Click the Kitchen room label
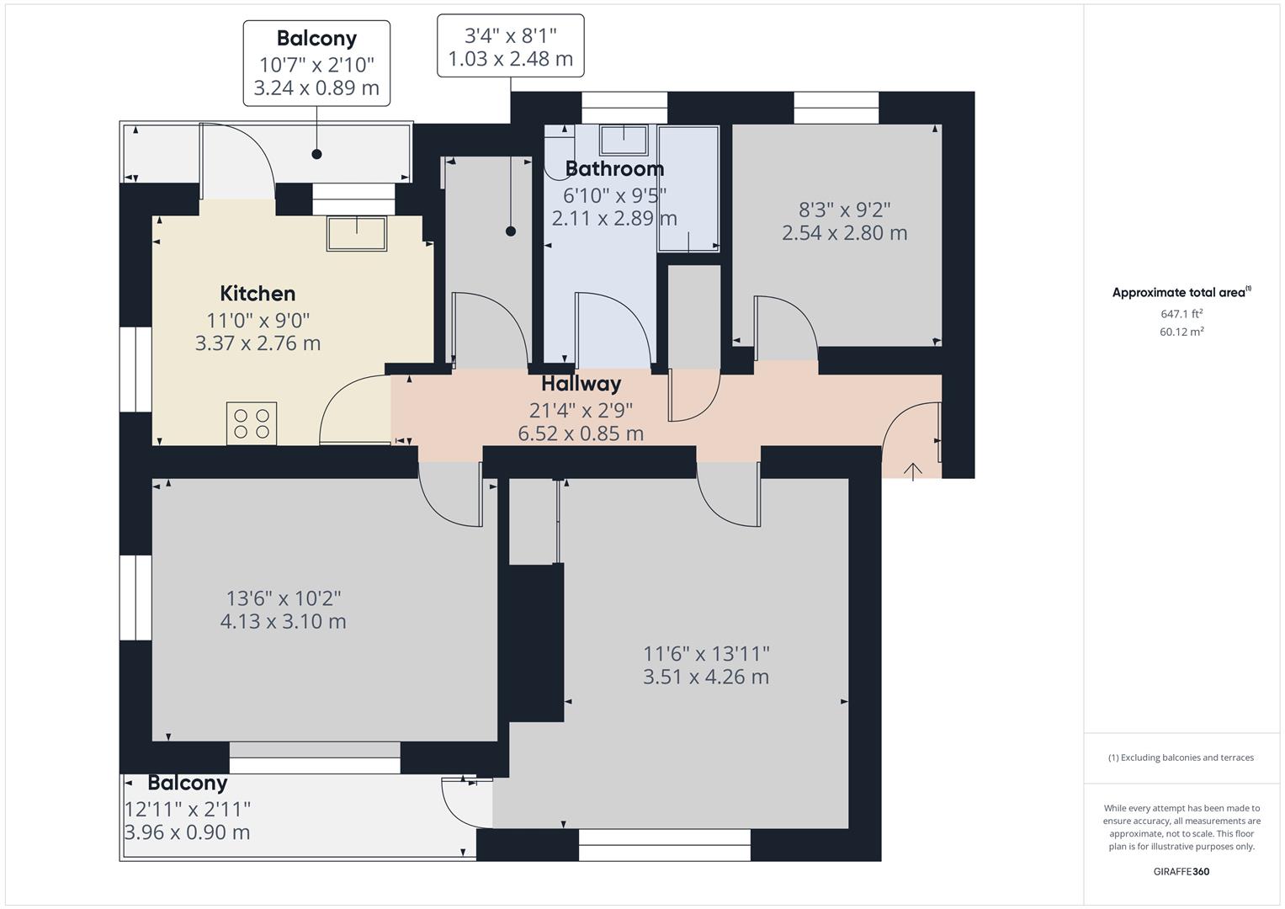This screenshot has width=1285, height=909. click(x=258, y=294)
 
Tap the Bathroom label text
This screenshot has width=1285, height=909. click(x=614, y=169)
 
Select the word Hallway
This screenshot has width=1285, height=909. click(x=581, y=384)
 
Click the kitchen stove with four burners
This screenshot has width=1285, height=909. click(x=252, y=423)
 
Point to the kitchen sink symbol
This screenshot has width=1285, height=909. click(x=357, y=233)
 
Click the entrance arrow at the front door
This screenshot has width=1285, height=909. click(x=912, y=470)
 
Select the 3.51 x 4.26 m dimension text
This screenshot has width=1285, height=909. click(x=706, y=677)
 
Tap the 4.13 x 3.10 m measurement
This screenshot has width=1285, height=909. click(x=283, y=621)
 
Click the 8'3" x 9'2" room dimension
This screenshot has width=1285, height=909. click(x=844, y=210)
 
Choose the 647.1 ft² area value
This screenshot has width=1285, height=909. click(x=1181, y=314)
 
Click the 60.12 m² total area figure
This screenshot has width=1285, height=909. click(x=1181, y=332)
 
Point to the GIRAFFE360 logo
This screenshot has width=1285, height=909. click(x=1181, y=871)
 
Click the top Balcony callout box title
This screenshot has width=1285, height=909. click(x=316, y=39)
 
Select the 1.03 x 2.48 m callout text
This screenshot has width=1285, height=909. click(x=510, y=59)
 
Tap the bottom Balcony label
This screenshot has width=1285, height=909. click(x=187, y=783)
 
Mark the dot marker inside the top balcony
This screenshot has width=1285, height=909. click(x=316, y=154)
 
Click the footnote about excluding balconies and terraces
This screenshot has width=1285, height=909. click(x=1181, y=757)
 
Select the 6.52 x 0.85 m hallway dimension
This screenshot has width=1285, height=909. click(x=581, y=433)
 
